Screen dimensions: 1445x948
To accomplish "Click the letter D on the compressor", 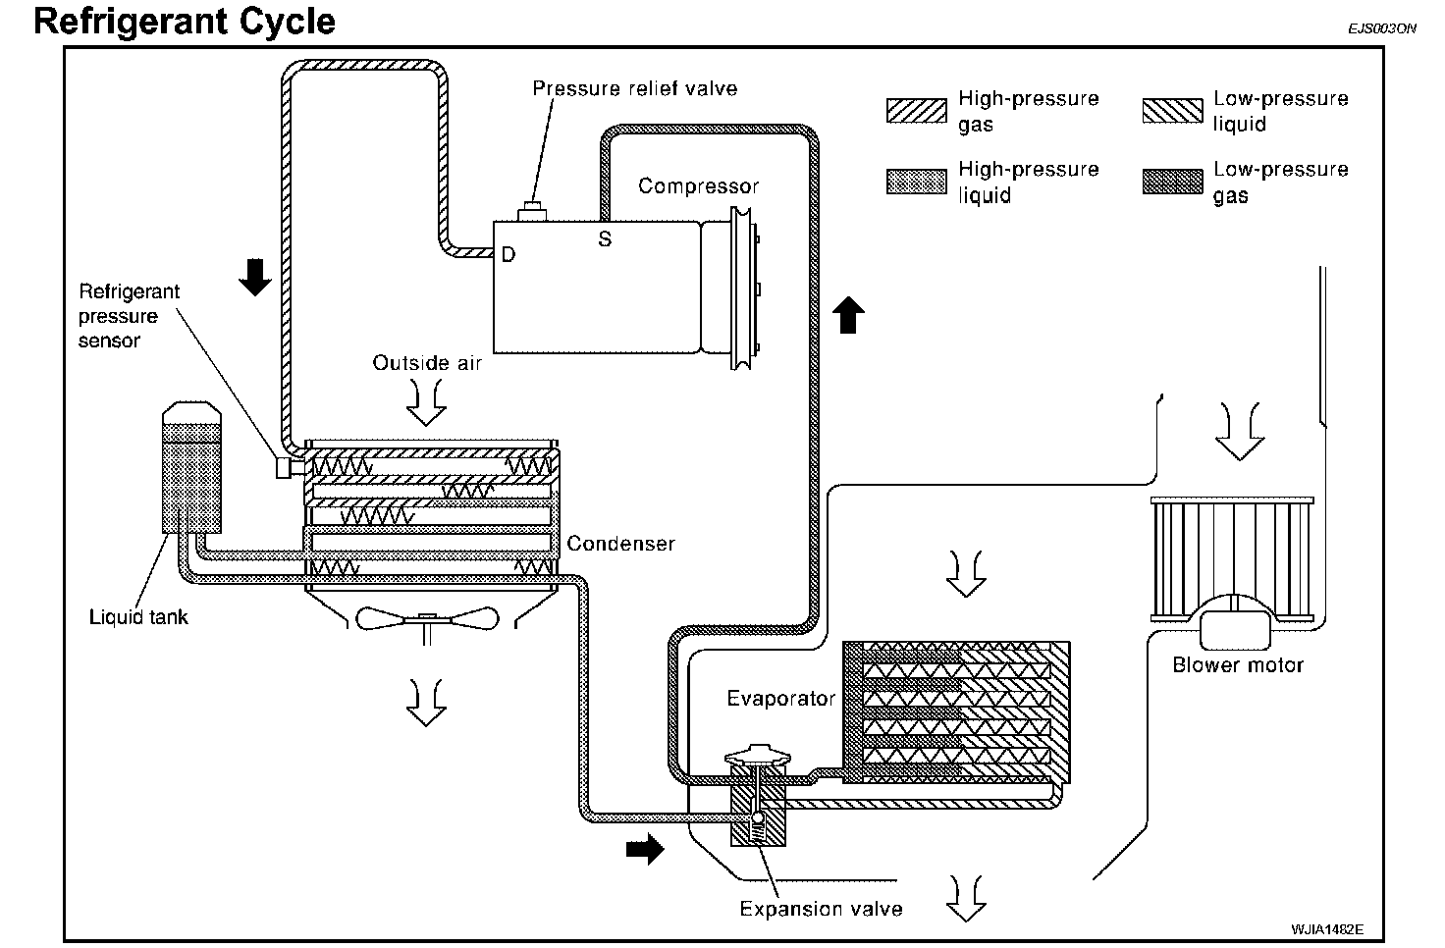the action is click(x=508, y=255).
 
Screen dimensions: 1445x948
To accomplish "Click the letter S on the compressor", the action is click(x=605, y=239).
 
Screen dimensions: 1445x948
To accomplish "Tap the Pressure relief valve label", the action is click(x=635, y=88).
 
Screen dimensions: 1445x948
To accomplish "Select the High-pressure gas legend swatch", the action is click(x=916, y=110).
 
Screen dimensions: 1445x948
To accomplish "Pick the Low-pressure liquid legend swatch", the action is click(x=1172, y=110).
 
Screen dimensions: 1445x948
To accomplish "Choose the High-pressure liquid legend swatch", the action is click(x=916, y=182).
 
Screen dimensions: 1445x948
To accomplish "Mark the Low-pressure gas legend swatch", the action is click(x=1172, y=182).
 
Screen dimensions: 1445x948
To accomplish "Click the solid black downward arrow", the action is click(x=255, y=278).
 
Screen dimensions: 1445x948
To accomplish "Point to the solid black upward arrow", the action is click(x=848, y=315).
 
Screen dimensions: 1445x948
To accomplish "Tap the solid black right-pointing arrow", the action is click(x=645, y=849).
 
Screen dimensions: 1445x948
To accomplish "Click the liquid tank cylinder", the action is click(x=191, y=467).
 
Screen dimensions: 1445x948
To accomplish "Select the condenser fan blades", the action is click(x=427, y=619).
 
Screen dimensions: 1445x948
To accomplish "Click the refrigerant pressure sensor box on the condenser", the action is click(x=284, y=467).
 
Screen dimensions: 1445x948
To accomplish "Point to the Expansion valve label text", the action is click(x=822, y=909).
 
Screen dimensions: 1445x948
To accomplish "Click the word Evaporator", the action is click(x=781, y=699).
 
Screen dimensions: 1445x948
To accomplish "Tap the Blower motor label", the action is click(x=1238, y=665).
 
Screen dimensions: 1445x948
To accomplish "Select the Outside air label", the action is click(x=427, y=363).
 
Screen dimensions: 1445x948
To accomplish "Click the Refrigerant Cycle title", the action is click(x=185, y=22).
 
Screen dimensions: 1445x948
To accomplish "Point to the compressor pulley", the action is click(x=743, y=288).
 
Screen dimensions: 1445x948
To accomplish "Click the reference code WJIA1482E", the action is click(x=1327, y=929).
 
